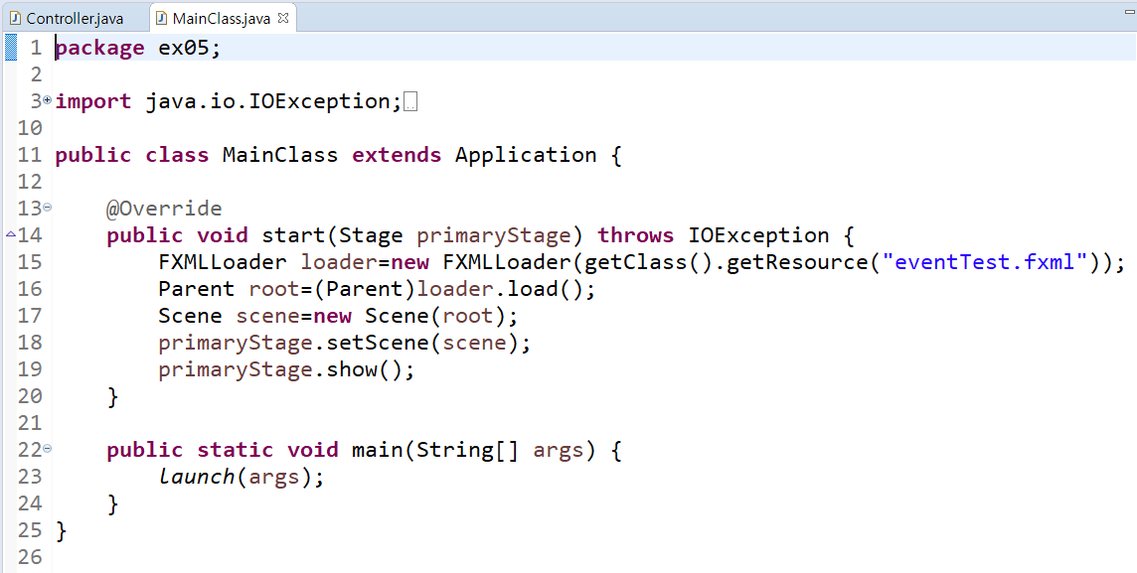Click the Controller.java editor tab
(69, 18)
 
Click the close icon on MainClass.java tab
(283, 18)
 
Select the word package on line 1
(99, 48)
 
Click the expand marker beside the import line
(47, 100)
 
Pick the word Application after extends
(526, 155)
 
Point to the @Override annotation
(164, 209)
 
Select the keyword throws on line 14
(636, 235)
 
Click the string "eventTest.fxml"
(985, 262)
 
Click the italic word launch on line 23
(197, 477)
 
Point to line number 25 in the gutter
(30, 530)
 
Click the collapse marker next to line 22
(47, 450)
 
